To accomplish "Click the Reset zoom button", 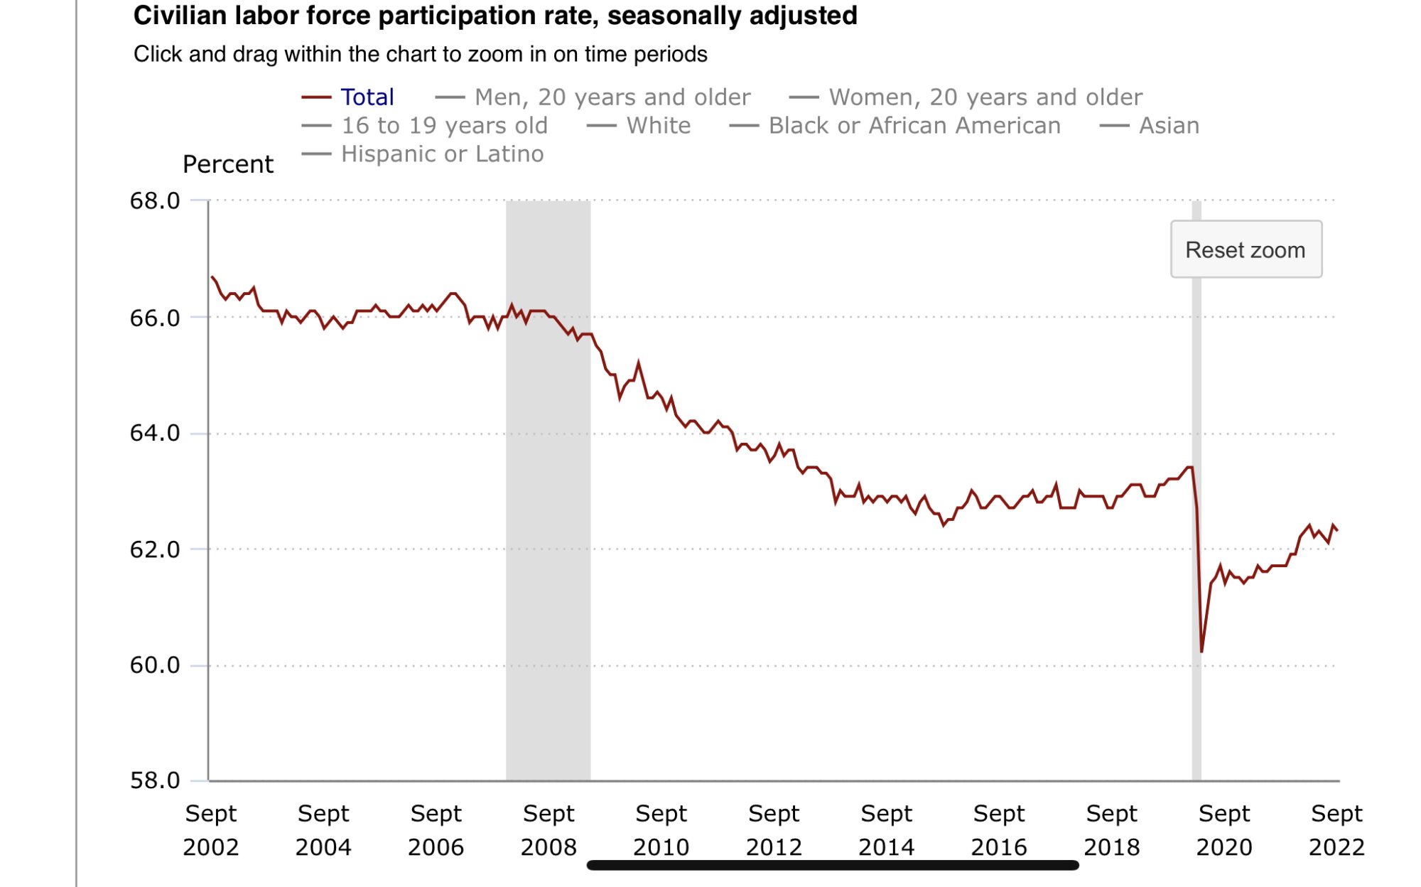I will [x=1246, y=249].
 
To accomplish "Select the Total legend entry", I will [x=367, y=97].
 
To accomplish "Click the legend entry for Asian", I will [x=1169, y=126].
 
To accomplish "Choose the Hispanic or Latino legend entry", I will [x=442, y=154].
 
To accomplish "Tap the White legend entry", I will [x=658, y=126].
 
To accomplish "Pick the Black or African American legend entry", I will [x=914, y=126].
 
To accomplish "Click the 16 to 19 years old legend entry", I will [x=444, y=126].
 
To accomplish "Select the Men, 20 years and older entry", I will [x=612, y=97].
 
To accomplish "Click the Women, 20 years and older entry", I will [x=985, y=97].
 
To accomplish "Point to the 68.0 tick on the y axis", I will [x=155, y=201].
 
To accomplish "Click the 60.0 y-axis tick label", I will [x=155, y=665].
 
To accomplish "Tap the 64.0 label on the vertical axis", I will [x=155, y=433].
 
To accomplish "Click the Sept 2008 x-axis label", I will [x=549, y=830].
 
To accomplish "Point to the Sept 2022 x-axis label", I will [x=1336, y=830].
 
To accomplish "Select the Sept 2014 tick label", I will [x=886, y=830].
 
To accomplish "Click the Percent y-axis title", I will [x=227, y=164].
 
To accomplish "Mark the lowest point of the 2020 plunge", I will [x=1201, y=651].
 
